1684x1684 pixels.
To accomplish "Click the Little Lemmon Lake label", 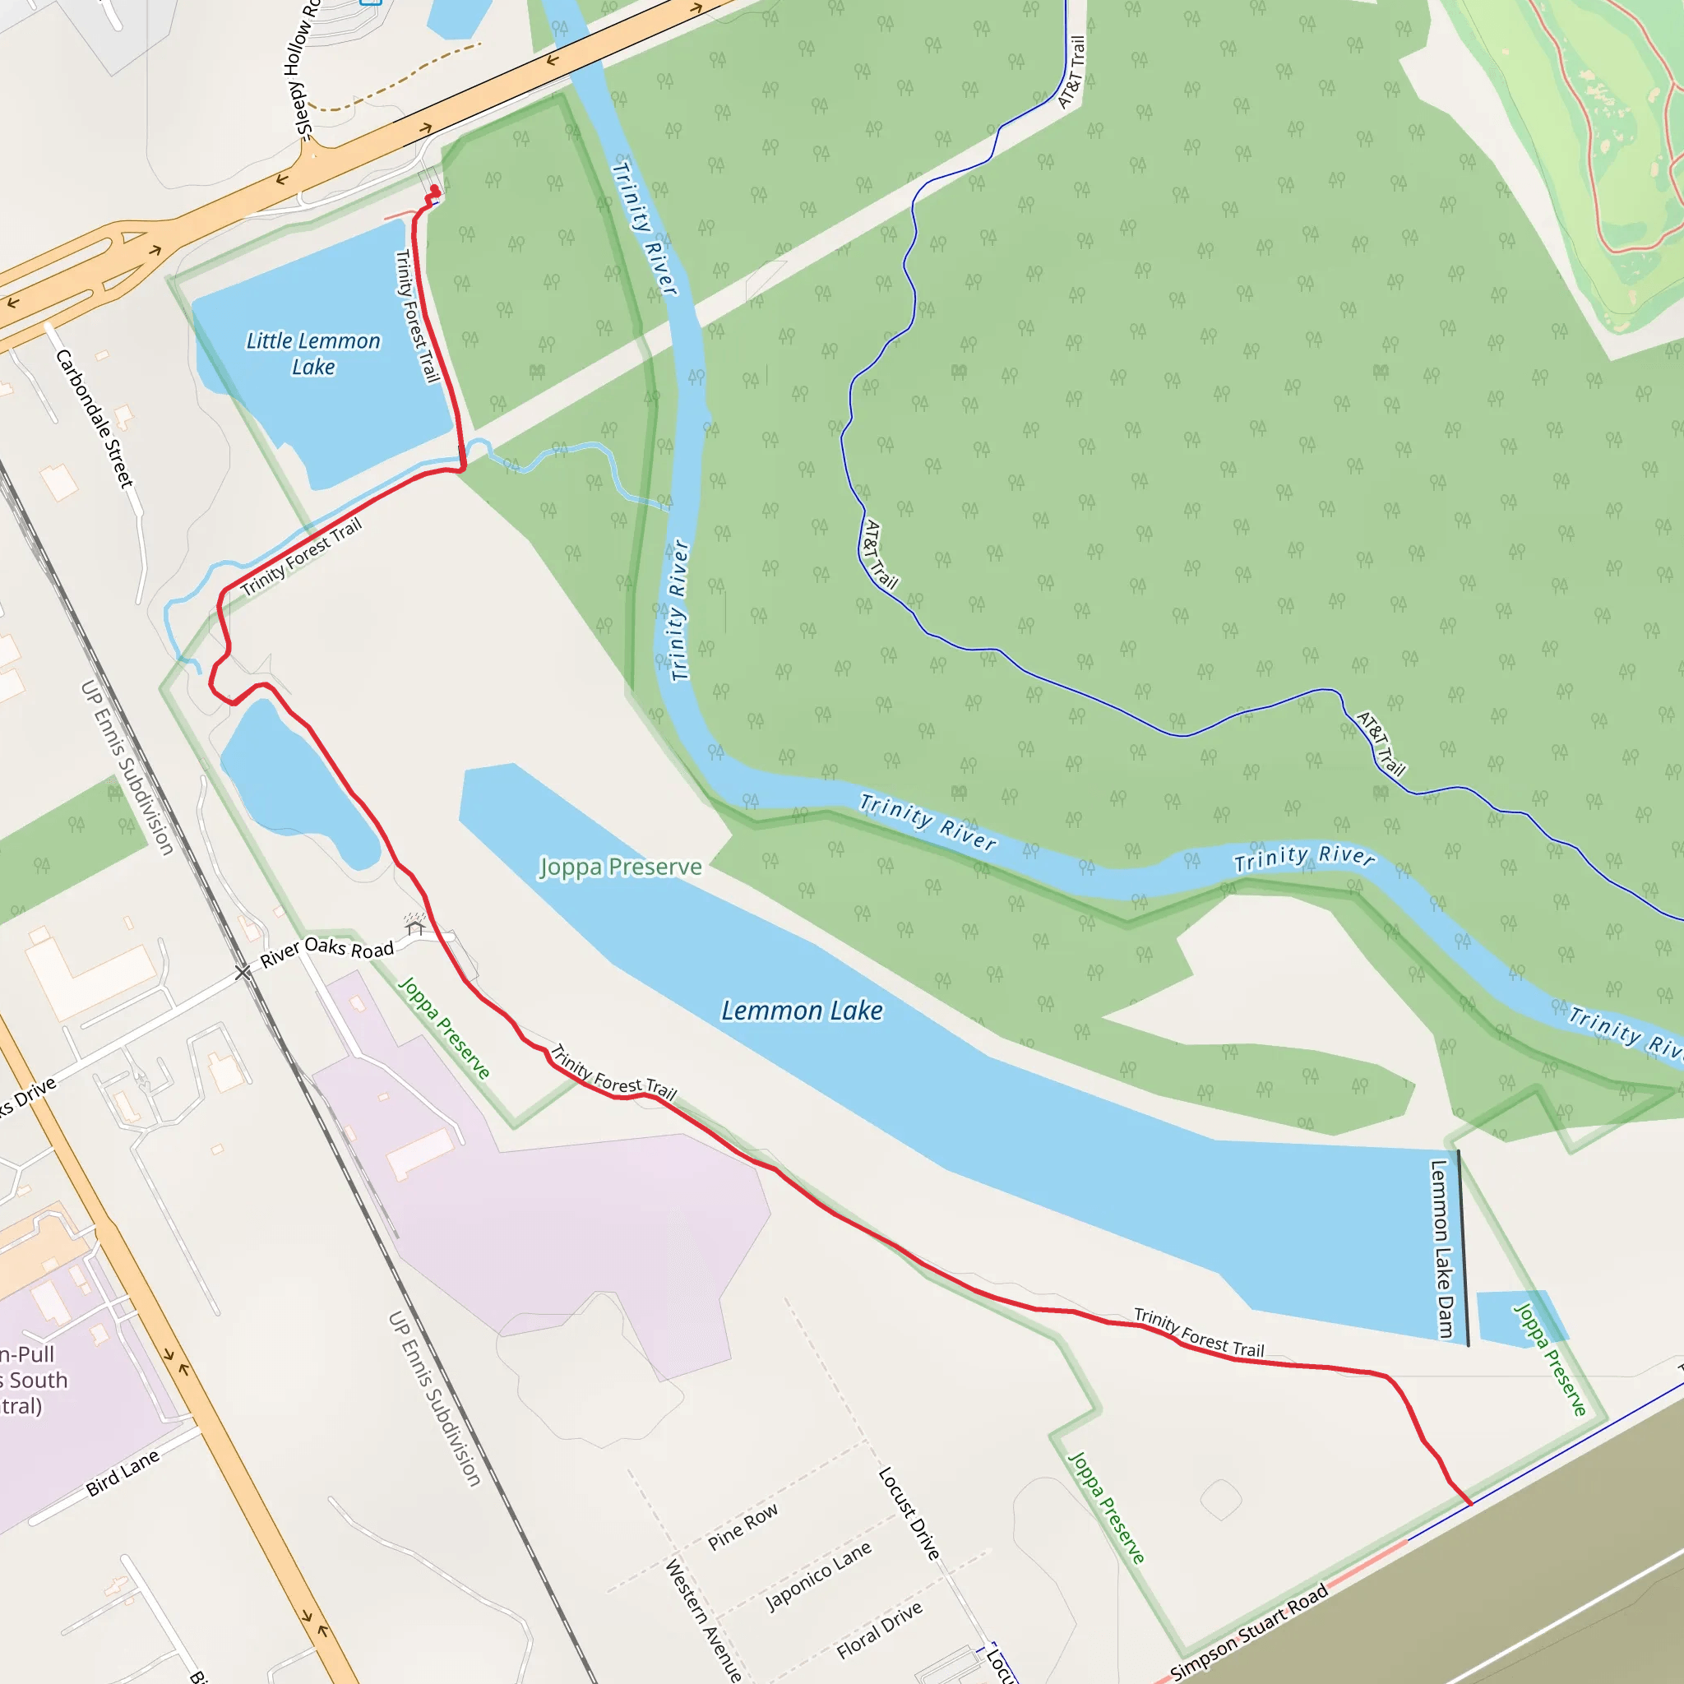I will [313, 353].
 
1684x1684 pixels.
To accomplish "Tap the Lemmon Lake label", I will [802, 1011].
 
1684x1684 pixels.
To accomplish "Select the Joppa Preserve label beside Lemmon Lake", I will [620, 867].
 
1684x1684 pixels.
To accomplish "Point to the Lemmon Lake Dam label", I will [1442, 1248].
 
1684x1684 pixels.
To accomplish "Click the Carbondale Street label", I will [95, 419].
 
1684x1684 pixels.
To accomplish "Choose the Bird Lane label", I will [123, 1472].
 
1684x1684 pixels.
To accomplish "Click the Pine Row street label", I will [743, 1527].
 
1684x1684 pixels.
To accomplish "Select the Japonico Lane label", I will [818, 1576].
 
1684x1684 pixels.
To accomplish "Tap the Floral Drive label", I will [880, 1631].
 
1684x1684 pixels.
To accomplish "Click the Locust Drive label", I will [909, 1513].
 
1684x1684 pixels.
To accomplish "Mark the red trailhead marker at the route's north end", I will [435, 190].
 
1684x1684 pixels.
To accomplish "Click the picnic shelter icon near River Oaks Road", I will [415, 923].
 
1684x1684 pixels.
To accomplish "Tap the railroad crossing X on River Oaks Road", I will [243, 972].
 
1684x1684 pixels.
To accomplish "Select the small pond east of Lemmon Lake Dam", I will [1520, 1317].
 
